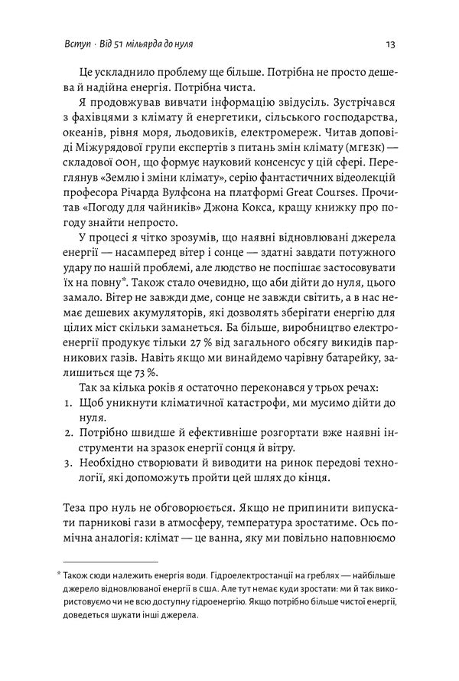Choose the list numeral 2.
pos(67,434)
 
